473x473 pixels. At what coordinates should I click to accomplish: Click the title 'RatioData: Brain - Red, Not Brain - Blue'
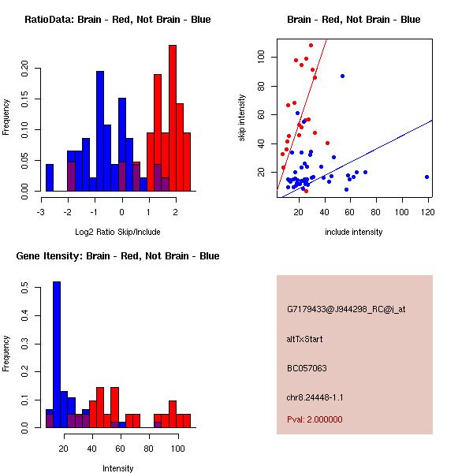click(117, 19)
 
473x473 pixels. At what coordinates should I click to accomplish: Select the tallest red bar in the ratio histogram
click(173, 118)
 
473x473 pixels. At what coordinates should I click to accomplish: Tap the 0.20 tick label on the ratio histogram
click(24, 68)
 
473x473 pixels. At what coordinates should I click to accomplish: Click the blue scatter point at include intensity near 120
click(426, 177)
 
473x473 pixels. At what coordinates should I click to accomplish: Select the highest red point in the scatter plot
click(311, 46)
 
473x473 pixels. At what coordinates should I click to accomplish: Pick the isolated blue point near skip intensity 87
click(342, 76)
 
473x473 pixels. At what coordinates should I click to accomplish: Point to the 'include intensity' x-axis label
click(353, 232)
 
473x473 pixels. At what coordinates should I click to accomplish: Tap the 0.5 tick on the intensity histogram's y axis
click(24, 289)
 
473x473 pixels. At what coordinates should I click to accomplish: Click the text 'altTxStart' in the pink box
click(305, 339)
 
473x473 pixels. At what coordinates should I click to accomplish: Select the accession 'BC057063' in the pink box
click(307, 367)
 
